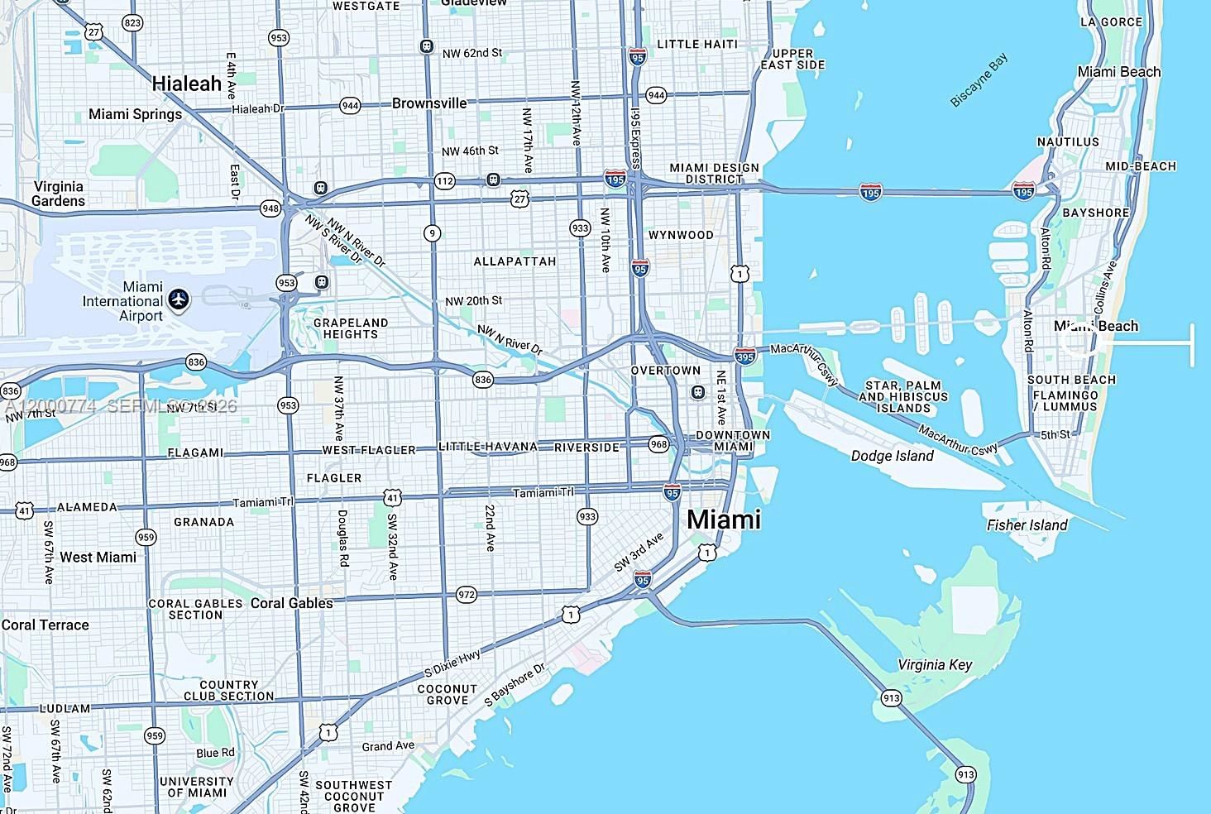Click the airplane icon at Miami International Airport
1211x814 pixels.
(x=178, y=299)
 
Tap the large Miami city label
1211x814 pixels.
(x=724, y=520)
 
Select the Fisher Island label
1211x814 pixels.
(x=1027, y=525)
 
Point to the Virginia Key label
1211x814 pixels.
(x=935, y=665)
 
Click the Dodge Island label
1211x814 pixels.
(x=892, y=456)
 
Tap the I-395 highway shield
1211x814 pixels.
(x=744, y=357)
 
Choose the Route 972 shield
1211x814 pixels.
(x=467, y=595)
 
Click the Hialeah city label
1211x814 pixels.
(x=187, y=84)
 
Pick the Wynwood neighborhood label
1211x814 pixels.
(x=681, y=235)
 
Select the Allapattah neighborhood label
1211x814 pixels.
(x=515, y=261)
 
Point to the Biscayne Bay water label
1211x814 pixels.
(x=979, y=80)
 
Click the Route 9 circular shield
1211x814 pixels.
(x=432, y=233)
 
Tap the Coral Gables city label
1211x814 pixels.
(x=291, y=603)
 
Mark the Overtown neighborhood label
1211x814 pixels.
(x=665, y=371)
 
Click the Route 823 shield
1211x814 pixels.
(x=132, y=22)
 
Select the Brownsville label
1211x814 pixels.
(x=429, y=103)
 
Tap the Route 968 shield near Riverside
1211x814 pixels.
(x=658, y=444)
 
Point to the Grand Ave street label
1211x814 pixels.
(x=388, y=746)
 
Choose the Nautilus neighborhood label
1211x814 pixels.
(x=1068, y=142)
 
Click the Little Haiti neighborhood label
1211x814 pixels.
(x=696, y=44)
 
